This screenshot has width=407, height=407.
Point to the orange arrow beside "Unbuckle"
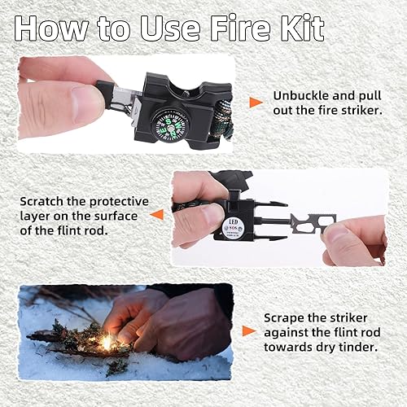(x=256, y=102)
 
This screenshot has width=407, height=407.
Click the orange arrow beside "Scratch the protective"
(x=157, y=214)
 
